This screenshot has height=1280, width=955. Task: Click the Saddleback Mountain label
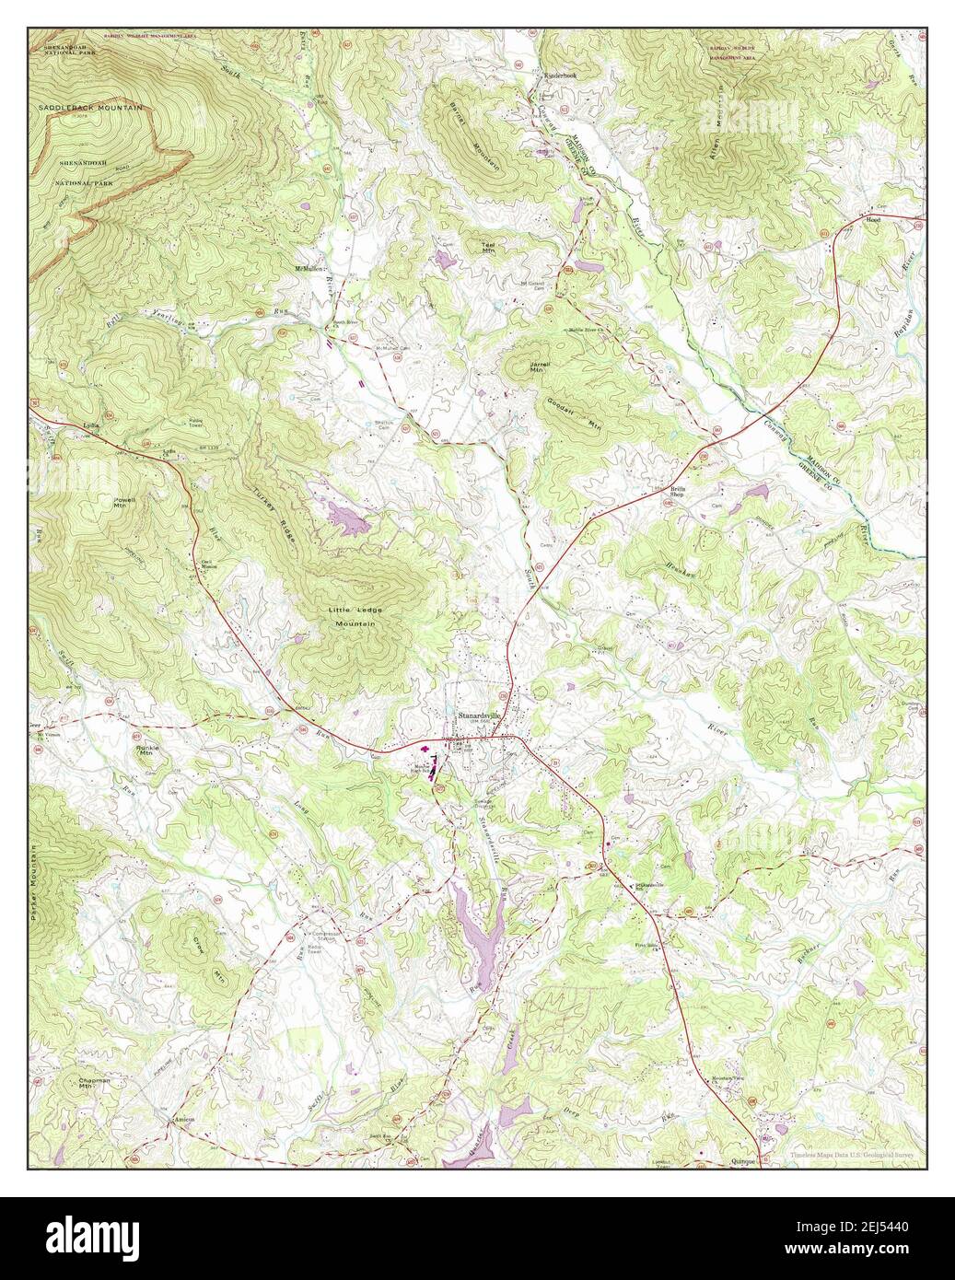pyautogui.click(x=91, y=108)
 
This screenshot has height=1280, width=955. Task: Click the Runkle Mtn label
pyautogui.click(x=148, y=751)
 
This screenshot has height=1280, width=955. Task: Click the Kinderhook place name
pyautogui.click(x=559, y=76)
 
